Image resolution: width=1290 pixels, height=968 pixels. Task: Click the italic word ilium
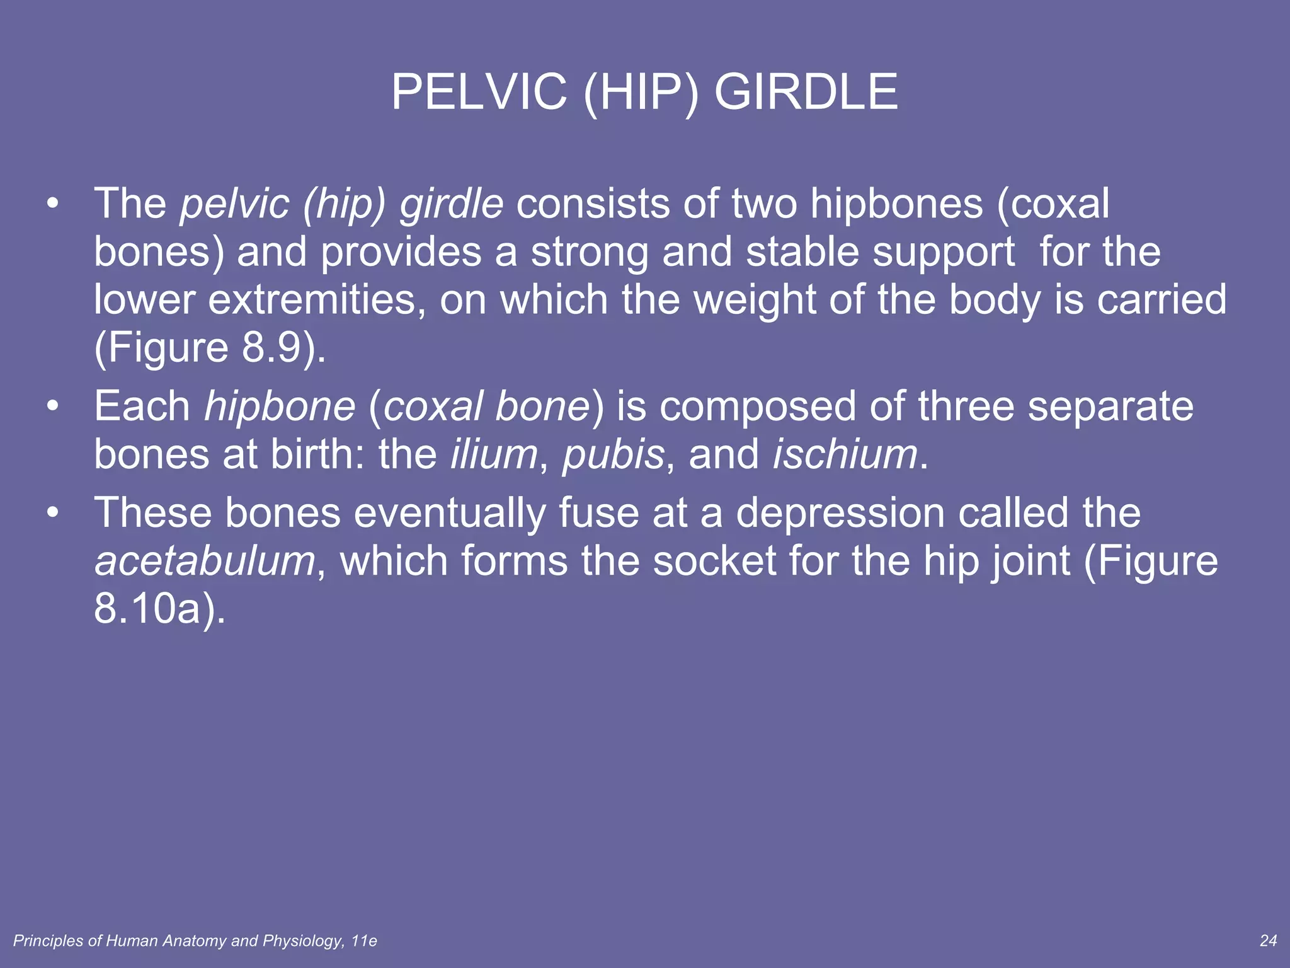click(493, 454)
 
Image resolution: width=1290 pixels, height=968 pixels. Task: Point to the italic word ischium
click(845, 454)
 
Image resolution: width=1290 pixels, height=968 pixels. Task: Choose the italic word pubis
click(613, 455)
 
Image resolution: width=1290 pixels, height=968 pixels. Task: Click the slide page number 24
click(1268, 941)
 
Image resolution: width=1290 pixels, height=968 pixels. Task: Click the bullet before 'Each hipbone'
click(53, 406)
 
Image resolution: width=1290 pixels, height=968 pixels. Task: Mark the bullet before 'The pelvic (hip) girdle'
click(53, 204)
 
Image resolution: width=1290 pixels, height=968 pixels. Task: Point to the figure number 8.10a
click(147, 609)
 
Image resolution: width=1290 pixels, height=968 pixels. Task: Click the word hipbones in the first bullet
click(896, 204)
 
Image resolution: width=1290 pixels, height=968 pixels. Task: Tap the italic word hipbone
click(280, 406)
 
